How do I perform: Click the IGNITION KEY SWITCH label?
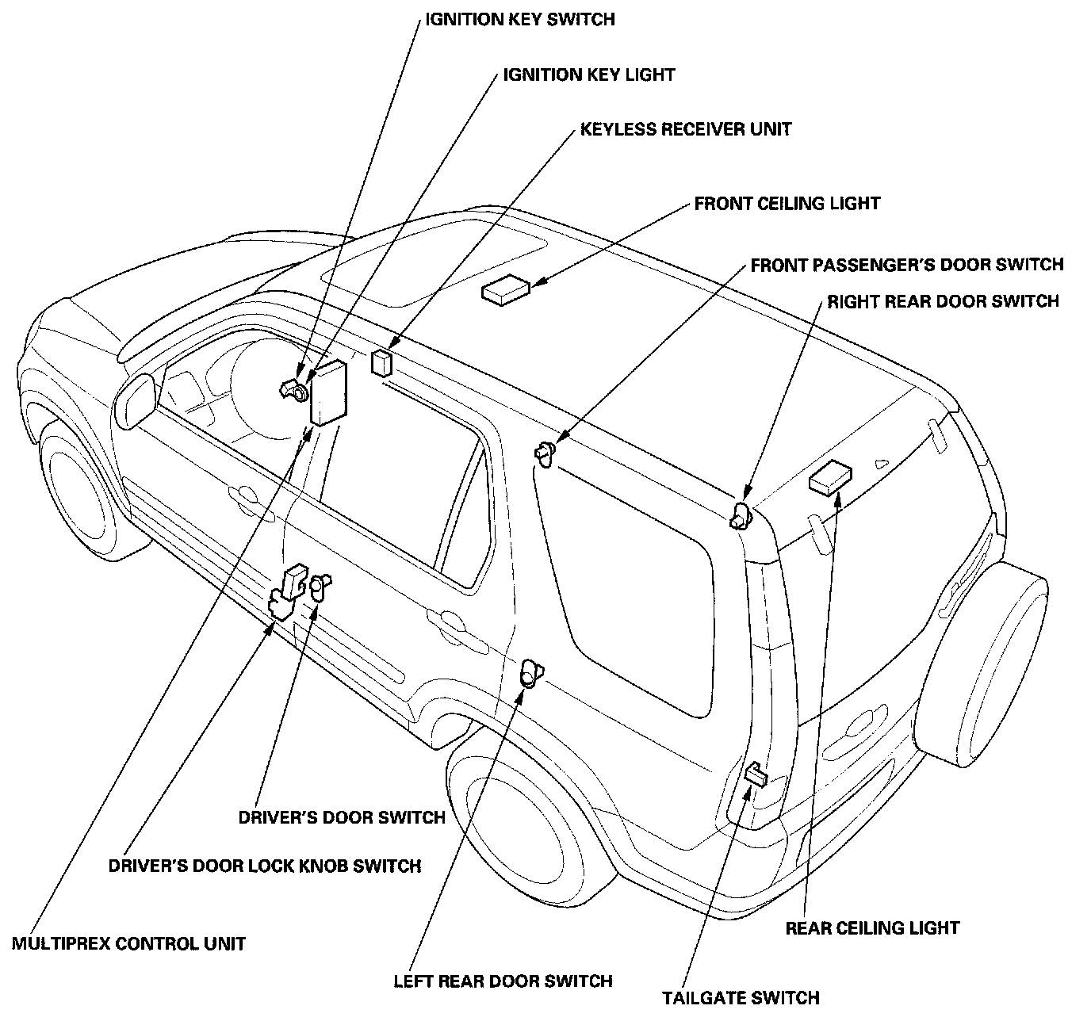[x=519, y=19]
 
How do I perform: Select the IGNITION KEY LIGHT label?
[x=588, y=75]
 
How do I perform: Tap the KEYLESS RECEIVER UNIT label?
[x=686, y=128]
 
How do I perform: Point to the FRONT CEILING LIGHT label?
[x=787, y=204]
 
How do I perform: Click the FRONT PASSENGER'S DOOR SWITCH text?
[x=906, y=265]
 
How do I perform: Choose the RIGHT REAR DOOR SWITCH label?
[x=943, y=302]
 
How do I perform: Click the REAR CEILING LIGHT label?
[x=872, y=927]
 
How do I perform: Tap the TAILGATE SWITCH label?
[x=741, y=997]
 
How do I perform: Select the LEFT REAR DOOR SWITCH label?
[x=503, y=981]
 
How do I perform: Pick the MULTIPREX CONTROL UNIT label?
[x=128, y=943]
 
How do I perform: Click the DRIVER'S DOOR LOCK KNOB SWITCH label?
[x=264, y=866]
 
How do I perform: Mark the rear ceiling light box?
[x=830, y=477]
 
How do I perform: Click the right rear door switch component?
[x=741, y=514]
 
